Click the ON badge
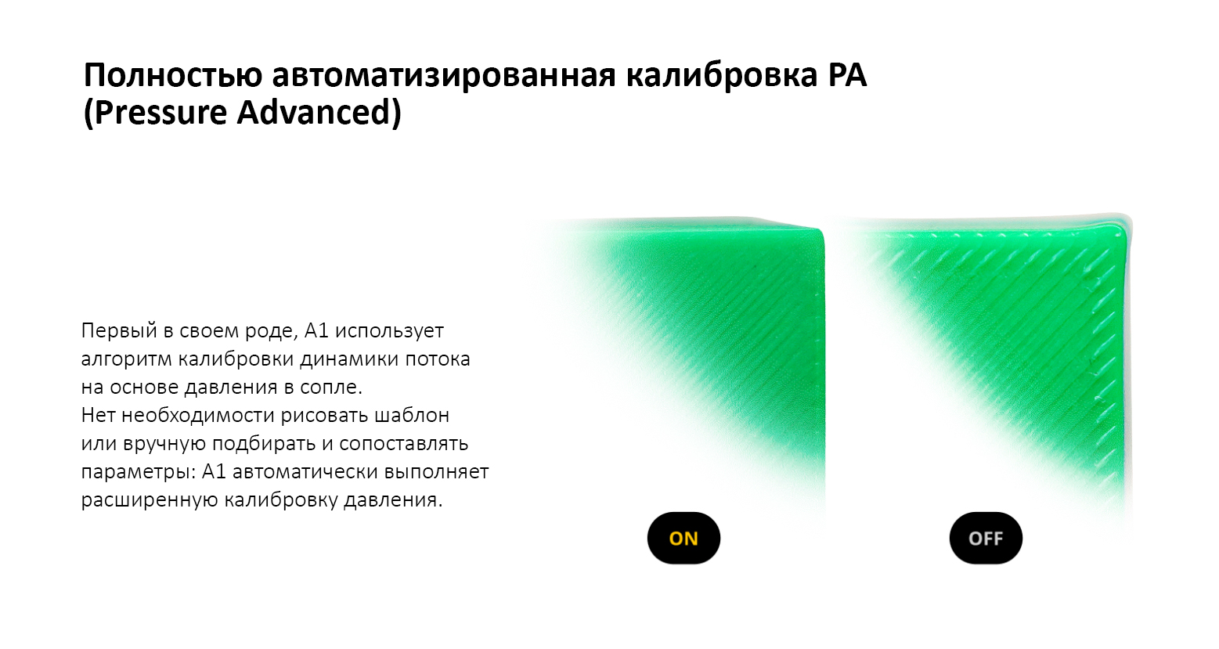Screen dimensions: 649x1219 tap(683, 538)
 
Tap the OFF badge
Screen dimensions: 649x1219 tap(986, 538)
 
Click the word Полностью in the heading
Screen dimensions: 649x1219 tap(173, 76)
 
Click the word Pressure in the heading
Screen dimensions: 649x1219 tap(160, 112)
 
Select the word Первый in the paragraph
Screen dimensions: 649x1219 tap(119, 330)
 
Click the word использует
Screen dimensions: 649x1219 tap(389, 330)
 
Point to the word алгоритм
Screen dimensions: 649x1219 tap(126, 359)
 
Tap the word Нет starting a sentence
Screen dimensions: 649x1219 tap(98, 415)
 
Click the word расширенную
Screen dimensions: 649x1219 tap(150, 499)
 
